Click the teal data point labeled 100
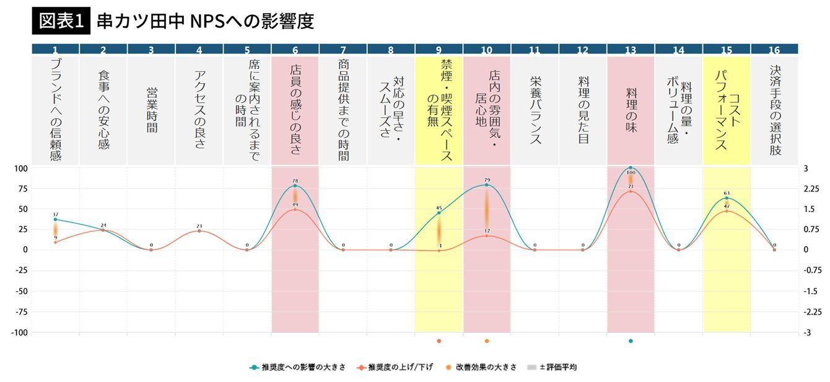(631, 168)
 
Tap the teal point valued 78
(295, 186)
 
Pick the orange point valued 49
(295, 210)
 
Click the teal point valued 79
(487, 185)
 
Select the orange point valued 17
(487, 236)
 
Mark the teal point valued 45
(439, 213)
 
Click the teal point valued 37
(56, 220)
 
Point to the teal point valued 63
(727, 198)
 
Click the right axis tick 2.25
(811, 189)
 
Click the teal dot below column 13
(631, 340)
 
